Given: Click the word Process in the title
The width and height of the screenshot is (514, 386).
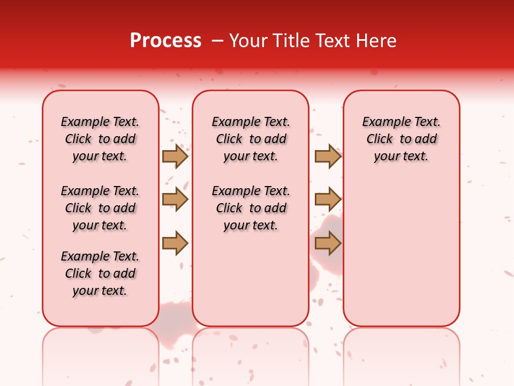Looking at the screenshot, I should (x=165, y=41).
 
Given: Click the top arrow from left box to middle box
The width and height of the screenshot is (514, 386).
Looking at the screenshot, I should (x=175, y=156).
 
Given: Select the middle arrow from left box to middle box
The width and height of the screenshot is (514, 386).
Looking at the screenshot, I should (x=175, y=199).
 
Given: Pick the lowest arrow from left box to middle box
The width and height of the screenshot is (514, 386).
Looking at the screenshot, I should (x=175, y=243).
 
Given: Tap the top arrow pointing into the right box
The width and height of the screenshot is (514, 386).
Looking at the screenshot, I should (x=328, y=156).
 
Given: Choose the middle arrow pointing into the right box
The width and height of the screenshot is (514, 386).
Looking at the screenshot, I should (x=328, y=199).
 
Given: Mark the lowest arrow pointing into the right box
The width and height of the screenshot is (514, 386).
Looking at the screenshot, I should (x=328, y=243).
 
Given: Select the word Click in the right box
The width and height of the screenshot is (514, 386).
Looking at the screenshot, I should (x=380, y=139).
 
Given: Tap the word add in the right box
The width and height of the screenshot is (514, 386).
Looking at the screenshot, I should (x=426, y=139).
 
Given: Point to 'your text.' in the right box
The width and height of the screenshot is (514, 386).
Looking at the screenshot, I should (x=401, y=157).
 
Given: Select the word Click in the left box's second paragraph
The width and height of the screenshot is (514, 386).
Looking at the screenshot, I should (x=78, y=209).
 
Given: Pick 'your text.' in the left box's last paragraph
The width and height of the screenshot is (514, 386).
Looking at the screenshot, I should (x=100, y=291).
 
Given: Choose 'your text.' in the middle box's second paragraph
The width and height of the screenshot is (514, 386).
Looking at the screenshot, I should (x=251, y=226).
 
